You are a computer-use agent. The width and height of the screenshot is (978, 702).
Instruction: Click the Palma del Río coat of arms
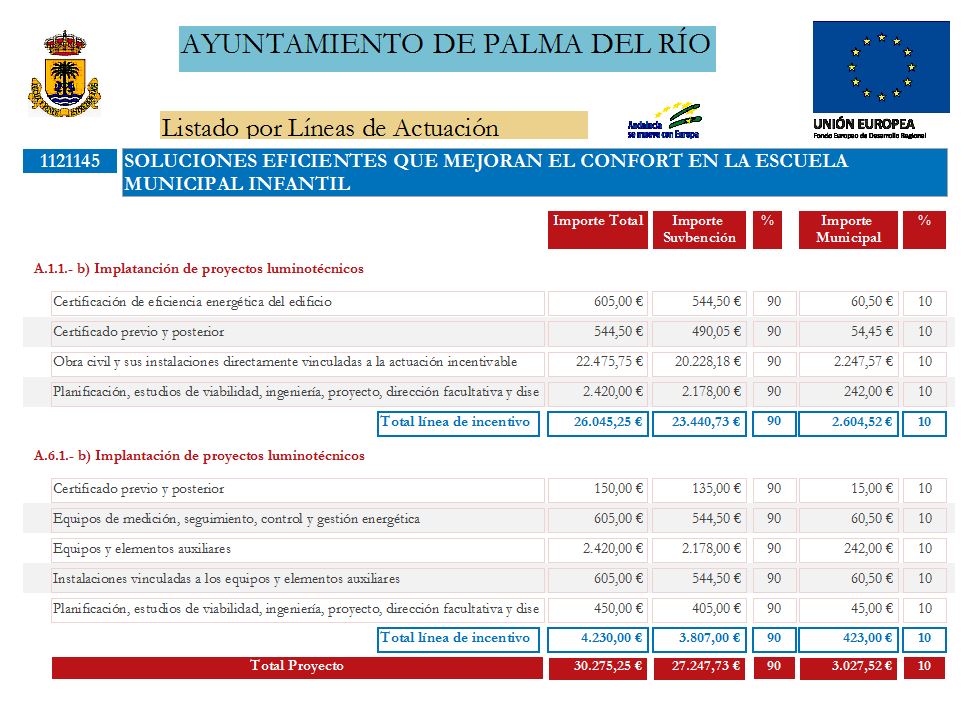click(x=64, y=73)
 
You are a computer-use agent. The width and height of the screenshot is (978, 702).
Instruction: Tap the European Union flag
click(x=880, y=67)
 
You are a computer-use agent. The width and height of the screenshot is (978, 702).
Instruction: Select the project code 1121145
click(x=70, y=161)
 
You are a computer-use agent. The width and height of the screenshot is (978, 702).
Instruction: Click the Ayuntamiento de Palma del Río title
click(x=447, y=46)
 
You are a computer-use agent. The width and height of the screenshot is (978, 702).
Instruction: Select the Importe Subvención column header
click(x=699, y=230)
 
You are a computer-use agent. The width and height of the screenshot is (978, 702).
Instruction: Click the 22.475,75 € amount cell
click(x=598, y=362)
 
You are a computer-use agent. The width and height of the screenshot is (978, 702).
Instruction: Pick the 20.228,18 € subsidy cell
click(x=699, y=362)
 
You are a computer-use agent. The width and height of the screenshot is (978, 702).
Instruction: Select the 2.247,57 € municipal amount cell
click(x=848, y=362)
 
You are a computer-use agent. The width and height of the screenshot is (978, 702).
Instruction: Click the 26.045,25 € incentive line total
click(x=598, y=423)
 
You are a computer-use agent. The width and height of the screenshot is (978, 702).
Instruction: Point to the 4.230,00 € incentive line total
click(x=598, y=639)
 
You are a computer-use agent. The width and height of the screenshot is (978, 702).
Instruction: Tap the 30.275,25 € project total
click(x=598, y=667)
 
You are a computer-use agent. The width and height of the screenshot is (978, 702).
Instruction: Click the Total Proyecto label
click(x=296, y=667)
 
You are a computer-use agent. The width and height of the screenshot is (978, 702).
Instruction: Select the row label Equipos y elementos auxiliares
click(x=142, y=549)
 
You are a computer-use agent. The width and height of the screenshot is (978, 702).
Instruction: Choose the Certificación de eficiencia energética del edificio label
click(x=192, y=302)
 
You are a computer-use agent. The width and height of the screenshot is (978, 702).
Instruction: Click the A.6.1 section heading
click(x=199, y=456)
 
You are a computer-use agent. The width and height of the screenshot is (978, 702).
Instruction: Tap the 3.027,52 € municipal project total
click(x=848, y=667)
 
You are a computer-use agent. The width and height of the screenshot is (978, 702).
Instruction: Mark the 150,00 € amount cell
click(x=598, y=489)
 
